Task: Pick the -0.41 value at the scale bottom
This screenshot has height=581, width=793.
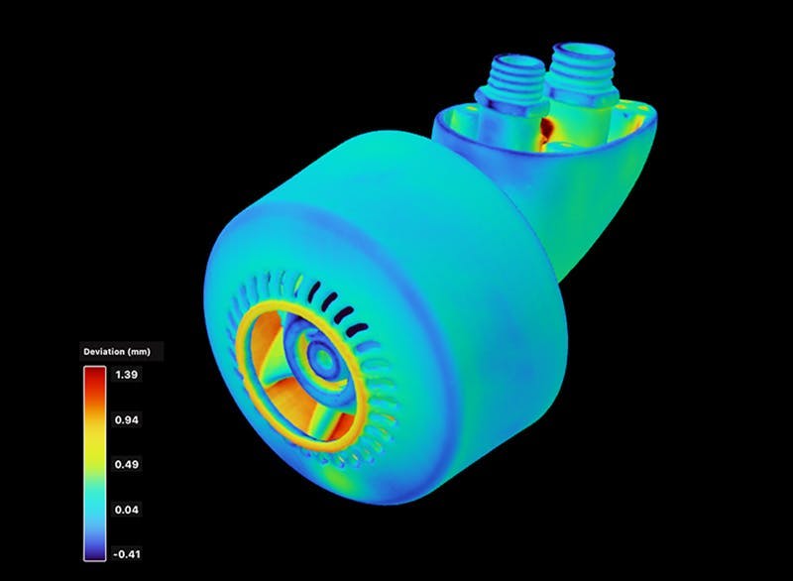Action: click(x=129, y=554)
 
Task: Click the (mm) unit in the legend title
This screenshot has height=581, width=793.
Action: click(x=145, y=351)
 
